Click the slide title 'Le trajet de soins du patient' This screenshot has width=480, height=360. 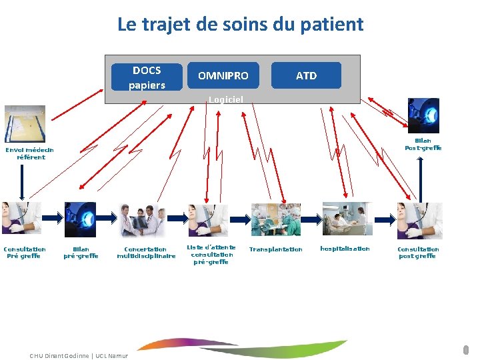(240, 25)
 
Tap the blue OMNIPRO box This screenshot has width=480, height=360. (223, 75)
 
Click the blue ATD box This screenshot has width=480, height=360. (306, 75)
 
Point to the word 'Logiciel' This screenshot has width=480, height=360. (225, 99)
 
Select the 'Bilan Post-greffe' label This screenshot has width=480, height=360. (423, 144)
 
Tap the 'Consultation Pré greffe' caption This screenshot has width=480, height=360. (24, 252)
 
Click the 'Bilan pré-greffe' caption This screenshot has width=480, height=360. (81, 252)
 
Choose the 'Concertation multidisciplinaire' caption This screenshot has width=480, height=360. (146, 252)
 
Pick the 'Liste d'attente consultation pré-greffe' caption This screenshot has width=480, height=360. (211, 254)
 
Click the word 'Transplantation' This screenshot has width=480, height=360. (275, 249)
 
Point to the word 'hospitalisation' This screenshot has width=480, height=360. (345, 249)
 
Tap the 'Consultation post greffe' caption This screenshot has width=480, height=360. (418, 252)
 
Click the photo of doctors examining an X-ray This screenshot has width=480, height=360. (143, 220)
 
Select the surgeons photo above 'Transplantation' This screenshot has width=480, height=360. (275, 219)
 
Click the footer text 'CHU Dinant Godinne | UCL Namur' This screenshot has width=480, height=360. (79, 355)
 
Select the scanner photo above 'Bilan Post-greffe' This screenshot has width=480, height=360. (423, 115)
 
